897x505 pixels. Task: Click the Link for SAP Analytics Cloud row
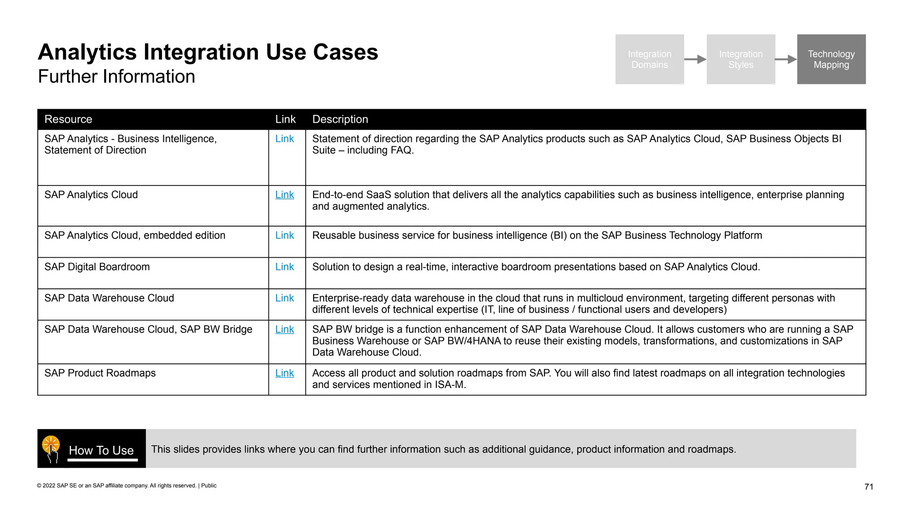click(284, 195)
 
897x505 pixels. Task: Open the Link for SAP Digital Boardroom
click(284, 267)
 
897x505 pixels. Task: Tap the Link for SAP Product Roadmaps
click(284, 373)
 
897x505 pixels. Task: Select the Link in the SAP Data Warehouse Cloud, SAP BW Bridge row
click(284, 330)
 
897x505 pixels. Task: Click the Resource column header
click(68, 119)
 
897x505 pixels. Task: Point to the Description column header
click(340, 119)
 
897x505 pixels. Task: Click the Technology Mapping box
click(831, 59)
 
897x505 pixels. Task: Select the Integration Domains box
click(649, 59)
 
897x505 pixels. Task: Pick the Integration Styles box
click(740, 59)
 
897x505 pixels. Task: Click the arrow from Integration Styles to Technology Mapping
click(786, 59)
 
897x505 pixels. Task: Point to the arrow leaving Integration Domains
click(695, 59)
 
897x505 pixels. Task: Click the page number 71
click(869, 487)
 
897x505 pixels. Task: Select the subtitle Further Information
click(117, 77)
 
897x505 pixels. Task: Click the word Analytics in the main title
click(87, 52)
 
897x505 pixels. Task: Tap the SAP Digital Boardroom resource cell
click(97, 267)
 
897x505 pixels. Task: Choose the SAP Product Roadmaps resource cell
click(100, 373)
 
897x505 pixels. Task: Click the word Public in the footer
click(208, 486)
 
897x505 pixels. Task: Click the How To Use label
click(101, 450)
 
